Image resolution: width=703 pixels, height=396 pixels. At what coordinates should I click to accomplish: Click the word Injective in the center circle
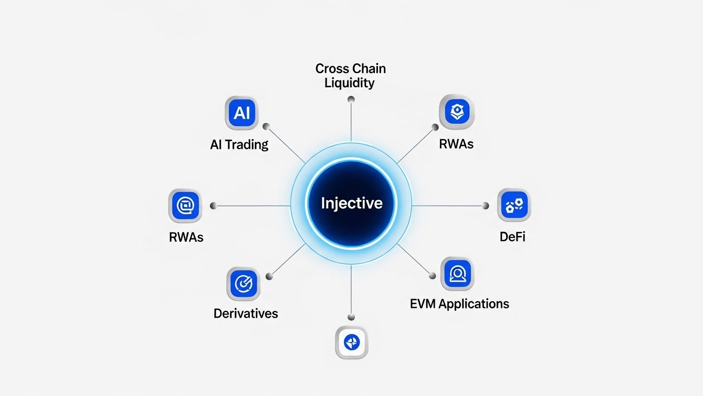pyautogui.click(x=352, y=203)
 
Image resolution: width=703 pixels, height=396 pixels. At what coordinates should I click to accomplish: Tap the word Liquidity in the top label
pyautogui.click(x=350, y=83)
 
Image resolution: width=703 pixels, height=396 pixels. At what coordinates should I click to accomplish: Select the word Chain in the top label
pyautogui.click(x=369, y=69)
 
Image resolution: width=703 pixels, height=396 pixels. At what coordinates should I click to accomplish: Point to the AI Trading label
pyautogui.click(x=239, y=144)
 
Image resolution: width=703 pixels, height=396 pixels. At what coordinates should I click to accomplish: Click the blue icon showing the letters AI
pyautogui.click(x=242, y=113)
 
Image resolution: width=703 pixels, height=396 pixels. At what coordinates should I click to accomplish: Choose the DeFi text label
pyautogui.click(x=512, y=237)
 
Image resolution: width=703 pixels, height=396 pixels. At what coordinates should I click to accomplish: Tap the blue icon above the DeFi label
pyautogui.click(x=514, y=205)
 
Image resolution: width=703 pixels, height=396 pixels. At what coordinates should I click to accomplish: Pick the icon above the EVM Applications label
pyautogui.click(x=457, y=274)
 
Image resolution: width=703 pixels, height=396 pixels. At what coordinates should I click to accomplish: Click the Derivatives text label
pyautogui.click(x=246, y=313)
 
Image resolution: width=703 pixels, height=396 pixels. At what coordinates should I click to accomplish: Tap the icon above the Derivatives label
pyautogui.click(x=243, y=283)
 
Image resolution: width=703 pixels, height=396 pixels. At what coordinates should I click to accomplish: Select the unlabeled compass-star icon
pyautogui.click(x=352, y=342)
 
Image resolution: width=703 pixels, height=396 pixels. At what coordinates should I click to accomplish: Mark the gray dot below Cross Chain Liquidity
pyautogui.click(x=351, y=99)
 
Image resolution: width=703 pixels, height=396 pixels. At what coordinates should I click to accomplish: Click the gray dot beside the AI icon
pyautogui.click(x=266, y=126)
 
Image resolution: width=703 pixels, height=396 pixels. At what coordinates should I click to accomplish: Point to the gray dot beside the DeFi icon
pyautogui.click(x=485, y=206)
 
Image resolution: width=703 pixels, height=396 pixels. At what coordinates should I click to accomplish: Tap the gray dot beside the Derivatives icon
pyautogui.click(x=269, y=276)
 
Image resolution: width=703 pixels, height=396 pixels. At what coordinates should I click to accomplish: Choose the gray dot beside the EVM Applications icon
pyautogui.click(x=432, y=276)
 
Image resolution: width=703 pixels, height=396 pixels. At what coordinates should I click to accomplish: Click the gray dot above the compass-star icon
pyautogui.click(x=351, y=317)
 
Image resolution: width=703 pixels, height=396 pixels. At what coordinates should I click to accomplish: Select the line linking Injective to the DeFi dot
pyautogui.click(x=448, y=206)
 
